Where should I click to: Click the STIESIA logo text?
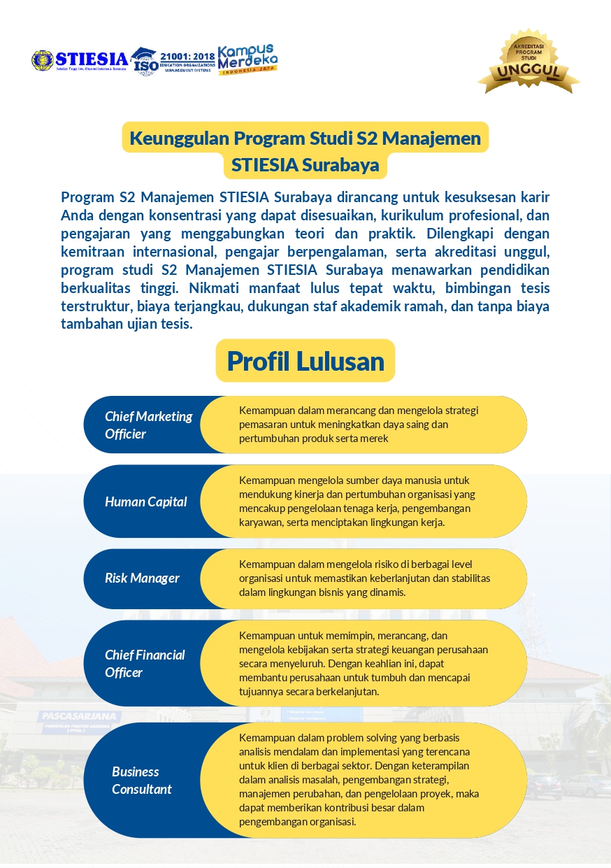pyautogui.click(x=91, y=58)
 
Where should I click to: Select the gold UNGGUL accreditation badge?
pyautogui.click(x=529, y=62)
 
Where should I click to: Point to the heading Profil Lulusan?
pyautogui.click(x=305, y=361)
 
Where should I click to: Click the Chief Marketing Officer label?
pyautogui.click(x=148, y=425)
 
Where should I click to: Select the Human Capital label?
pyautogui.click(x=145, y=501)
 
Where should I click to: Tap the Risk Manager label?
pyautogui.click(x=142, y=578)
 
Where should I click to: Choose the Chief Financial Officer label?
pyautogui.click(x=145, y=663)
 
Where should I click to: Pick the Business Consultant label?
pyautogui.click(x=141, y=780)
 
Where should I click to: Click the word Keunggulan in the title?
pyautogui.click(x=180, y=138)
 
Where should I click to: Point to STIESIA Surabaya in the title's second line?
pyautogui.click(x=305, y=165)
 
